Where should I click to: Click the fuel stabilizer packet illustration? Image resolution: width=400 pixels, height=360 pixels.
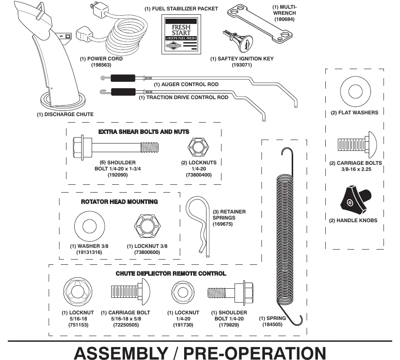tap(181, 34)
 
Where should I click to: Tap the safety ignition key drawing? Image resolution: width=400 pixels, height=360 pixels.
tap(238, 41)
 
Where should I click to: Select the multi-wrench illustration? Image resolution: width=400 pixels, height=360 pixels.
tap(260, 23)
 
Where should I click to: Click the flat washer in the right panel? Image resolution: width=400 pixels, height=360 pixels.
tap(355, 91)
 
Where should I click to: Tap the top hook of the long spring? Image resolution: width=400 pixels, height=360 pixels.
tap(287, 153)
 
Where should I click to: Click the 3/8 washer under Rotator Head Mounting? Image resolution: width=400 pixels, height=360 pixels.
tap(89, 226)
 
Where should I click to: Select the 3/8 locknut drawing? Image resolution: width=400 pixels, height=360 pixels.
tap(148, 226)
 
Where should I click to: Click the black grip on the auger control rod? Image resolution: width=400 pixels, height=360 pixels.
tap(123, 78)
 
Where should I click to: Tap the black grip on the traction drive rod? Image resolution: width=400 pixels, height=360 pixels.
tap(123, 92)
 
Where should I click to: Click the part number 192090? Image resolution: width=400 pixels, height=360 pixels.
tap(118, 175)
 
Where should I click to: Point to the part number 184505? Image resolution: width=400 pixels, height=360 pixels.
tap(272, 324)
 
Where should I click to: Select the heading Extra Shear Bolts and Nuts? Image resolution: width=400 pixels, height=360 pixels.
tap(144, 132)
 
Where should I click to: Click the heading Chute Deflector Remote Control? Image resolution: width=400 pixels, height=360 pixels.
tap(171, 273)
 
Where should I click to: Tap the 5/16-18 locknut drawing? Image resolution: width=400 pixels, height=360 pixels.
tap(78, 292)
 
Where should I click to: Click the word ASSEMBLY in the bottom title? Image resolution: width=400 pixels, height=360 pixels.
tap(121, 353)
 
